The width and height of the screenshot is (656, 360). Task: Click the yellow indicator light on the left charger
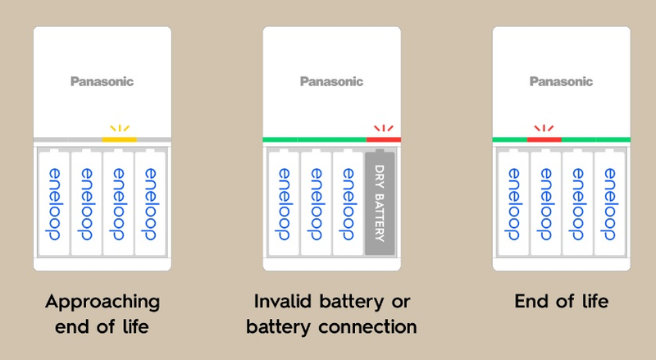120,139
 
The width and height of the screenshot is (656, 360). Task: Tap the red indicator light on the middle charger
383,139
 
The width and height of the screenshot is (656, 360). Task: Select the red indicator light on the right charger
544,139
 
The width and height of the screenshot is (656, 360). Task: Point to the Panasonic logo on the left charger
102,81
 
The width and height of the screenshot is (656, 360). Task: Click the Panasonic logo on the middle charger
331,81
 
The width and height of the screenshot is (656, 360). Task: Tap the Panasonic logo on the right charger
561,81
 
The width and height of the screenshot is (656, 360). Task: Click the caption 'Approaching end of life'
102,313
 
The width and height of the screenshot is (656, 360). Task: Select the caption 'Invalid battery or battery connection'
332,313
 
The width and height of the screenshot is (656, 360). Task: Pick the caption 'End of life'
562,301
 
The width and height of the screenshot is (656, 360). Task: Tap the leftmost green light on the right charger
509,139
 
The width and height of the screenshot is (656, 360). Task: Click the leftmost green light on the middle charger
280,139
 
